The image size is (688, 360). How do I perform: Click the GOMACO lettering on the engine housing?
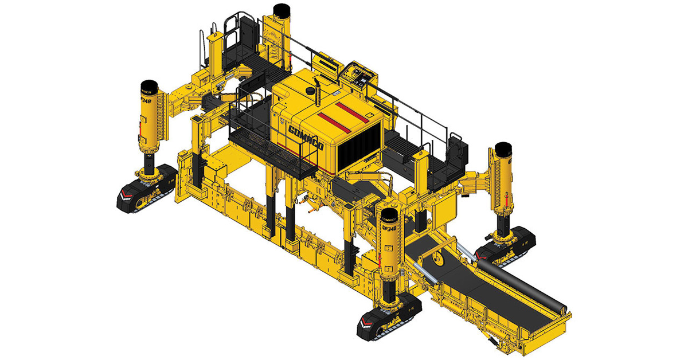[307, 137]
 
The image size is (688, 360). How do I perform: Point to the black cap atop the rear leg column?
[282, 10]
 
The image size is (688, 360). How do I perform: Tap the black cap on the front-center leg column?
[389, 216]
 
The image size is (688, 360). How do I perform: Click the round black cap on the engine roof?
[310, 91]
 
